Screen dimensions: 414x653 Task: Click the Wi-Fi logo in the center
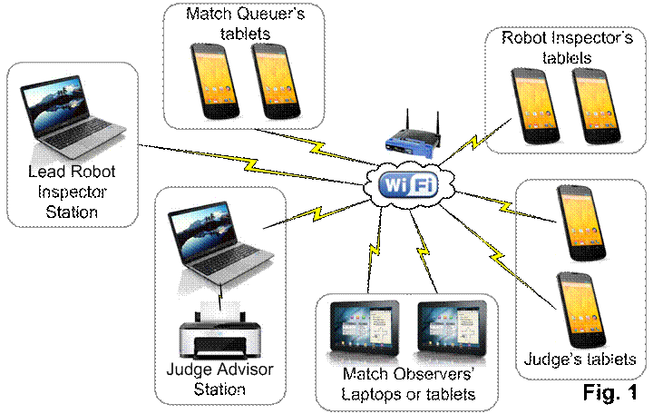point(407,185)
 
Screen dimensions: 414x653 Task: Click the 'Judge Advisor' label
point(220,370)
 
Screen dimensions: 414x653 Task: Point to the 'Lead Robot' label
point(73,171)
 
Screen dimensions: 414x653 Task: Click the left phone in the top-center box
point(214,81)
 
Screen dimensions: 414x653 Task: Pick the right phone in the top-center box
point(277,81)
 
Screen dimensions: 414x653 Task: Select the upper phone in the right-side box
point(580,223)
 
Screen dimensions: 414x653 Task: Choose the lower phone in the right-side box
point(580,310)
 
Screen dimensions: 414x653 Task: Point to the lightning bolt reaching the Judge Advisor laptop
point(308,214)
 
